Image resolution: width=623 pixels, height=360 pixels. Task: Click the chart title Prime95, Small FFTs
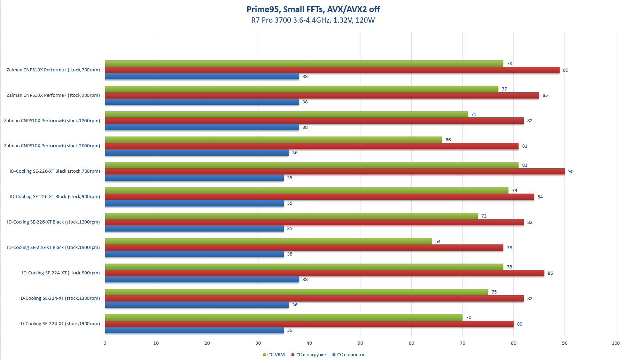point(313,9)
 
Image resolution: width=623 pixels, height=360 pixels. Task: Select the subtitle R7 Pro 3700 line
point(313,20)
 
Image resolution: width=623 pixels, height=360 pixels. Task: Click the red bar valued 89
point(332,70)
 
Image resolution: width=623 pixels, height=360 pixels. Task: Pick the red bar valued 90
point(335,171)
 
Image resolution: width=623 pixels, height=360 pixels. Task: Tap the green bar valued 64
point(268,241)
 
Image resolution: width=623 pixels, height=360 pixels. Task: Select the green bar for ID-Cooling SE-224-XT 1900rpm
point(283,317)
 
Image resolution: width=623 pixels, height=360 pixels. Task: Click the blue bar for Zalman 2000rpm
point(197,152)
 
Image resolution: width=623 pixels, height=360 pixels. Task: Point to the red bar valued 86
point(325,273)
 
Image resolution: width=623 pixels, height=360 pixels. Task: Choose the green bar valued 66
point(273,140)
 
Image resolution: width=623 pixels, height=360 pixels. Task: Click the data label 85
point(545,95)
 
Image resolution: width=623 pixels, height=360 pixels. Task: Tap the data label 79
point(514,191)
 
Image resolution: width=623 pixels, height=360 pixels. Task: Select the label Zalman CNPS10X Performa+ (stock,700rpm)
point(53,70)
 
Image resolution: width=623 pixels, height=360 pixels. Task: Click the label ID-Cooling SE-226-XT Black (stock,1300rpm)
point(53,222)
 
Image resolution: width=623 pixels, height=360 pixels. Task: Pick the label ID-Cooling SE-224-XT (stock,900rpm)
point(61,273)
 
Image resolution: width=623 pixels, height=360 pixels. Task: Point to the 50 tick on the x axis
point(360,343)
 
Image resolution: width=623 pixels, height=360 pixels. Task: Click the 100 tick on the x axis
point(615,343)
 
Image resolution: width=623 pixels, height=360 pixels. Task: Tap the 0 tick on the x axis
point(105,343)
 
